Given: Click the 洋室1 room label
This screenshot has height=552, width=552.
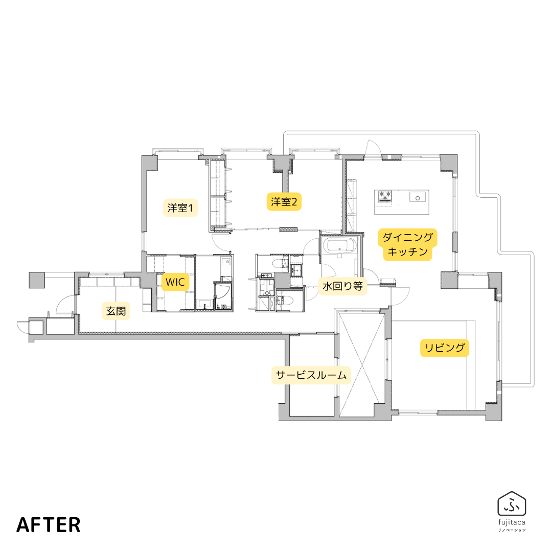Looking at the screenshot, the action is [x=180, y=208].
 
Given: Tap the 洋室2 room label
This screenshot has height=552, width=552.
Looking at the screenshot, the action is [x=284, y=202].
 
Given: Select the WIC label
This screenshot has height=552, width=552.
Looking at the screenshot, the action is [x=175, y=282].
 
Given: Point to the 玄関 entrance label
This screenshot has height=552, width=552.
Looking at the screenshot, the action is [x=116, y=311].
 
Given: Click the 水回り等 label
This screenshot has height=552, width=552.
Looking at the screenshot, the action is [x=342, y=286].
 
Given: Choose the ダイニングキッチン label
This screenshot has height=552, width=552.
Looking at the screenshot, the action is [x=408, y=244].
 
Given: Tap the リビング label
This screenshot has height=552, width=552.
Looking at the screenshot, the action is [x=445, y=348].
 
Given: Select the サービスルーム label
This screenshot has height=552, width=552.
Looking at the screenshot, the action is [x=311, y=375].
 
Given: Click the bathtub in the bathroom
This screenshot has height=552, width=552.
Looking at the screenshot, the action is [x=340, y=246].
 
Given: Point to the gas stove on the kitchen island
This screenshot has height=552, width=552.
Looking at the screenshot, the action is [x=385, y=196].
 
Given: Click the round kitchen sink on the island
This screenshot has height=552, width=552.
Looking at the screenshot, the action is [x=418, y=198].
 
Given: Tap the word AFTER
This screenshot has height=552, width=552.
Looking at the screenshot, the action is [x=48, y=524].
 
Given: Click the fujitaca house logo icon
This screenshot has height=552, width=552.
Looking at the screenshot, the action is [x=512, y=504].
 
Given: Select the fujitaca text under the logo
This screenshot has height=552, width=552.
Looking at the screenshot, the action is [x=512, y=522].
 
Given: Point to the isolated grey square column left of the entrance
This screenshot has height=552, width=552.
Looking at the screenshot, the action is [x=37, y=280].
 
